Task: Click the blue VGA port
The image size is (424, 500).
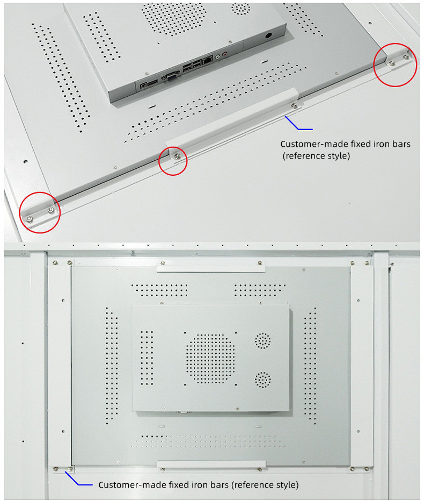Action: coord(171,76)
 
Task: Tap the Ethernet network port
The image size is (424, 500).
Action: coord(208,60)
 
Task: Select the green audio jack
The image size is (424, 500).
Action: coord(218,57)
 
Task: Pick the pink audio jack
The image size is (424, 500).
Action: coord(225,54)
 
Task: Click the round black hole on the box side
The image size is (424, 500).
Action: coord(268,35)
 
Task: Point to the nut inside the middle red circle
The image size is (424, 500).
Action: coord(177,156)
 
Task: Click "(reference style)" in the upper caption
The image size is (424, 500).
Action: coord(316,156)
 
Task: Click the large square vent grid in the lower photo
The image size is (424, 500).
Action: coord(210,359)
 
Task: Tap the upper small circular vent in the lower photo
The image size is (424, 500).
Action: coord(262,340)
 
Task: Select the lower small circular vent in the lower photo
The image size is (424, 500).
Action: coord(262,380)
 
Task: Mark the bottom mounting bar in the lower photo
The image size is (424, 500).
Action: coord(211,464)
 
